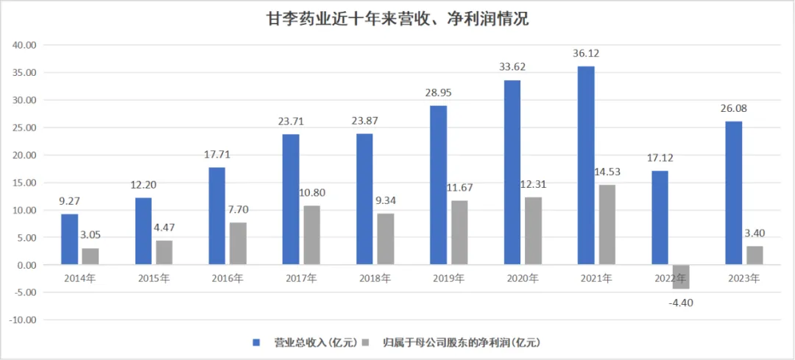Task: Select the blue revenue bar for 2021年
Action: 586,165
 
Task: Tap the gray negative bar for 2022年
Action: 680,277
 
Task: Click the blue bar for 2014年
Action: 69,239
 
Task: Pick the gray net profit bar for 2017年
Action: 311,235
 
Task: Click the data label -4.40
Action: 680,301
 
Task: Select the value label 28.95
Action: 439,94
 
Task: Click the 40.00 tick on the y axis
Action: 25,45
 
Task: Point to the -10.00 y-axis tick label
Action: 24,320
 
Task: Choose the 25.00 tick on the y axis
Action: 25,127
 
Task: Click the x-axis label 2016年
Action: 227,278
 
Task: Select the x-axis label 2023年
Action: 743,278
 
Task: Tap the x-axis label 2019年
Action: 448,278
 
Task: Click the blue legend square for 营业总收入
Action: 256,342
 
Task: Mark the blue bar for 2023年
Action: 733,193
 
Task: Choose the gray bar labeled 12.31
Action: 533,230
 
